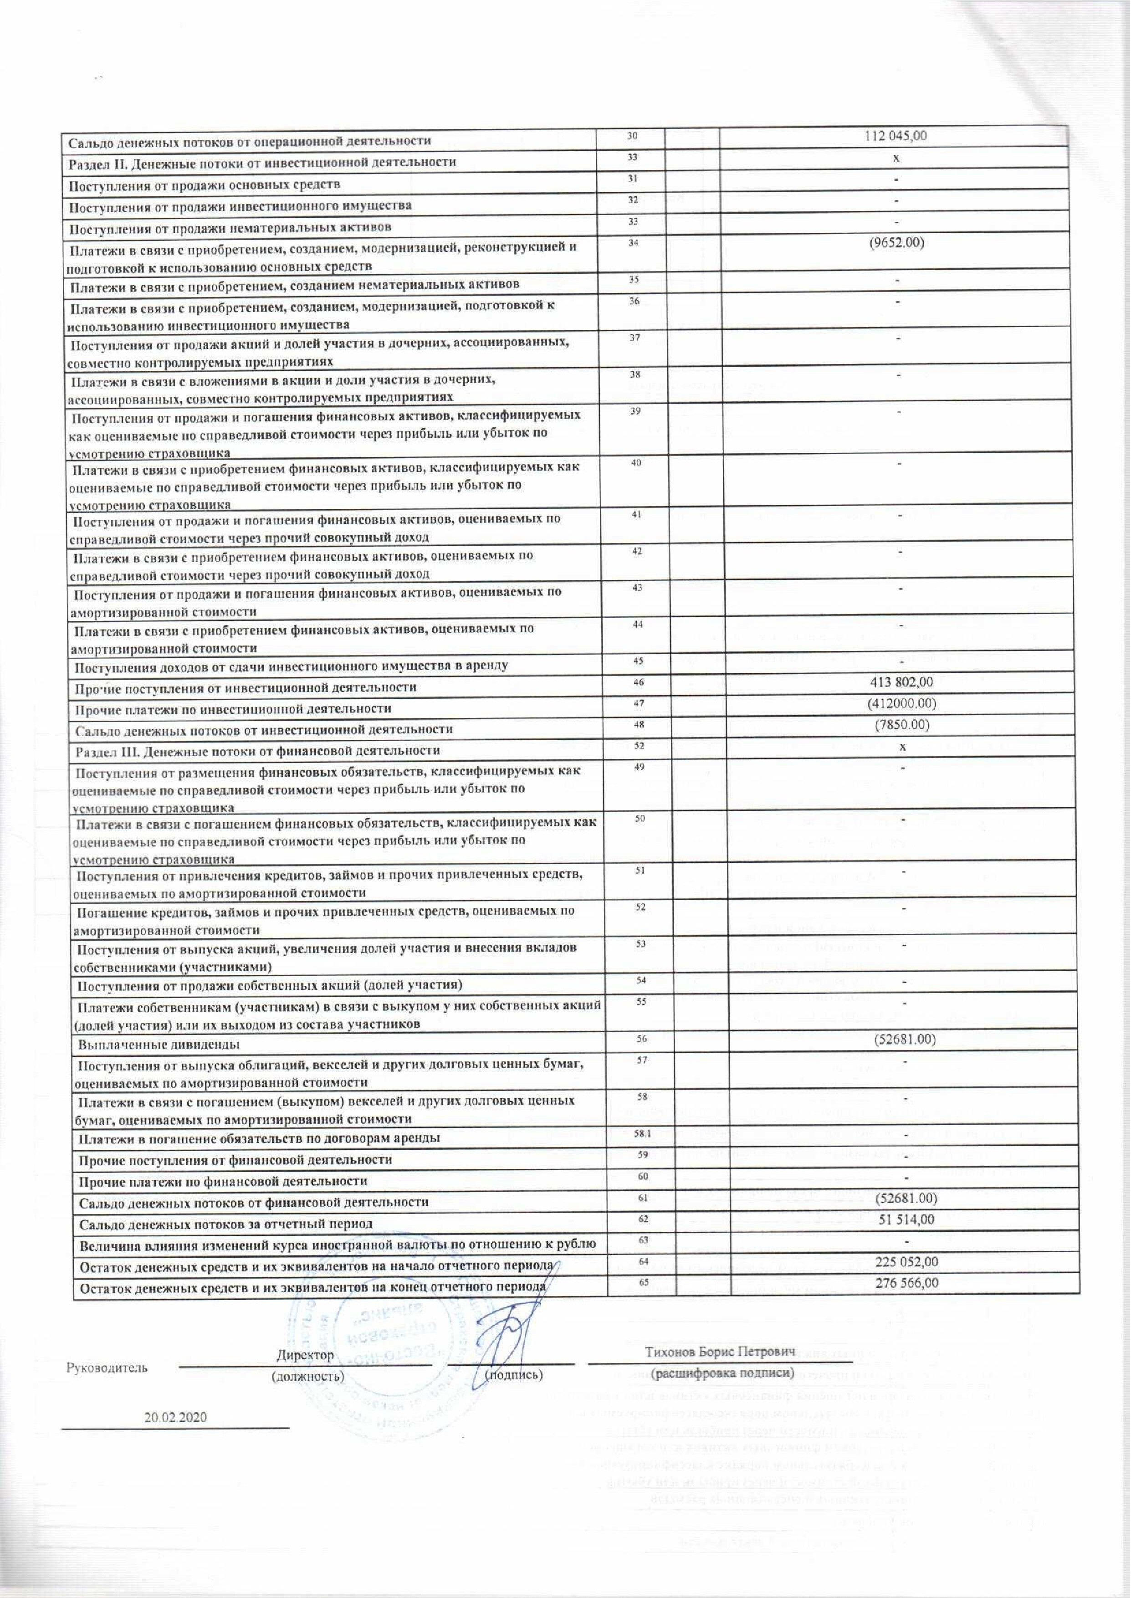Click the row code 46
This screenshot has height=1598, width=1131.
point(639,682)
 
